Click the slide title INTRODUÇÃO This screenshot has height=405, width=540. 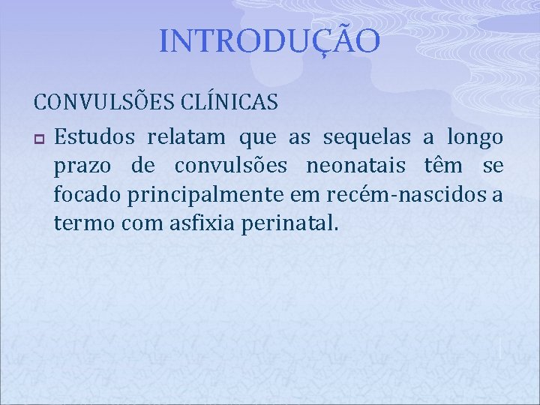pyautogui.click(x=270, y=42)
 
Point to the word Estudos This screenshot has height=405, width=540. pyautogui.click(x=94, y=137)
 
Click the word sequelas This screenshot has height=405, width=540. pyautogui.click(x=367, y=137)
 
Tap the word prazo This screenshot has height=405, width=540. pyautogui.click(x=82, y=166)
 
